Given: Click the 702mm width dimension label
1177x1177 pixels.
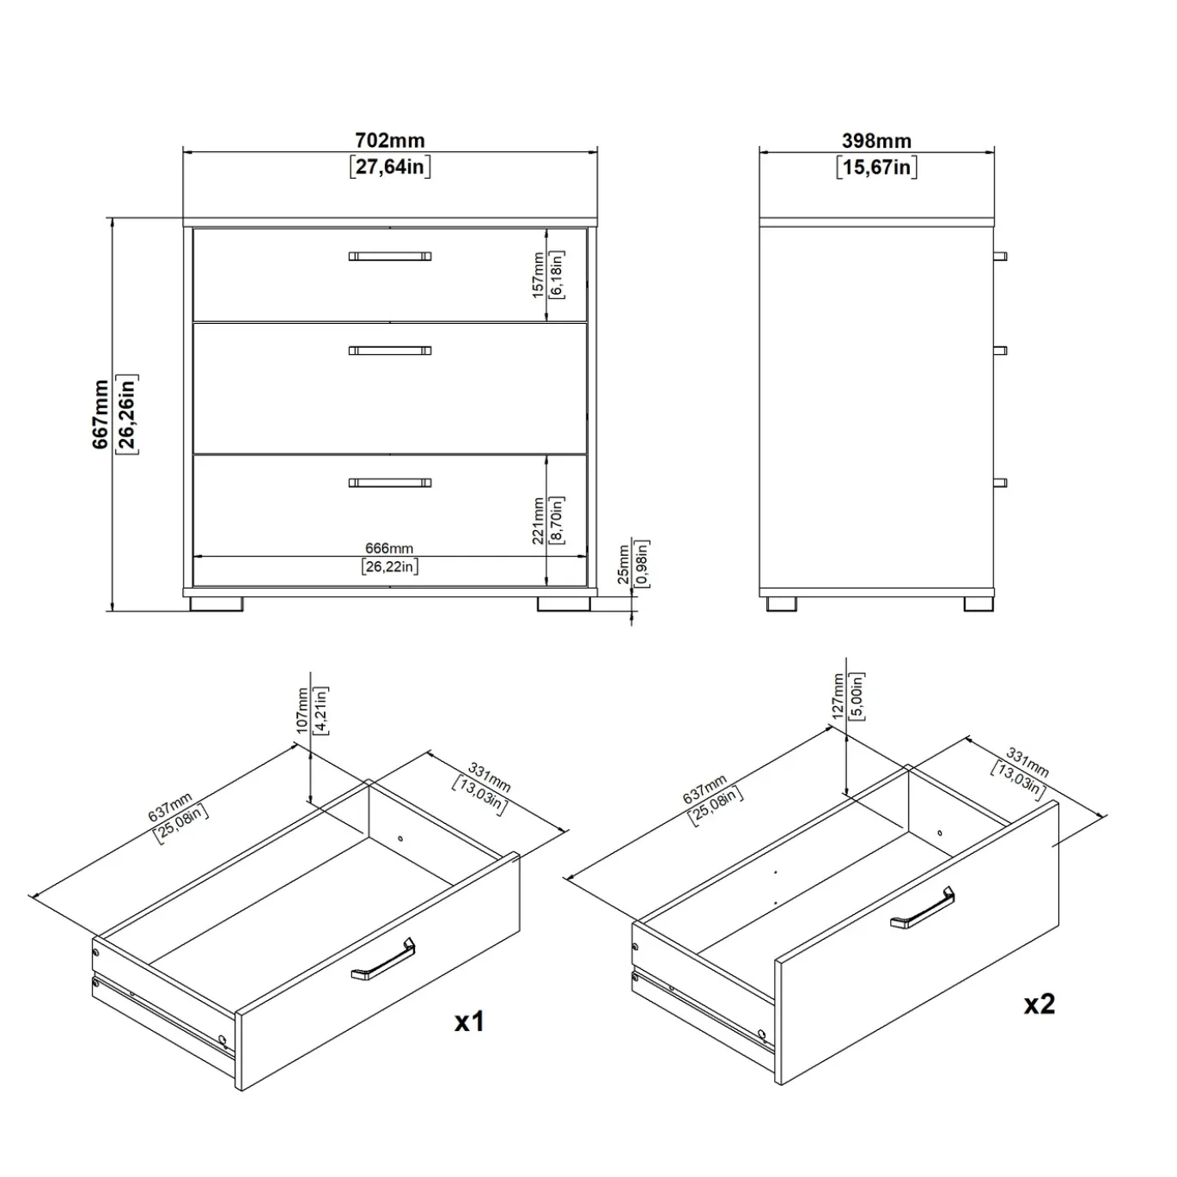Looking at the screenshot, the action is click(390, 141).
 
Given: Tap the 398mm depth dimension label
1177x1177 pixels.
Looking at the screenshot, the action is click(876, 141).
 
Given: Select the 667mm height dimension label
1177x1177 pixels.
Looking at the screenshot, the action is click(101, 414).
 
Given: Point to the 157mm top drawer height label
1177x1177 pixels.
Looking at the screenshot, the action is click(538, 275).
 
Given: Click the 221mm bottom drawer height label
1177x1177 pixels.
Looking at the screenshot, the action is click(538, 521).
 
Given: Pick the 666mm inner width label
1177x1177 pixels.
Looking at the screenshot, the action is click(389, 548).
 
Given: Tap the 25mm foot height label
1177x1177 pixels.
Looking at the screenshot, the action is click(623, 564).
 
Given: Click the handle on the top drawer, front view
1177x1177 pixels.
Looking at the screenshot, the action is click(390, 256).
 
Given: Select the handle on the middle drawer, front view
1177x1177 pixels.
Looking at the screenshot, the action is click(390, 351).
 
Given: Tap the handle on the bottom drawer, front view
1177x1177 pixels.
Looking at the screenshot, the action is click(390, 483).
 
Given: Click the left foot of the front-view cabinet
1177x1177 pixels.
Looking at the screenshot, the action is click(216, 603).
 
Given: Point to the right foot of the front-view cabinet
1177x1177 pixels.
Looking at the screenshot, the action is click(564, 603).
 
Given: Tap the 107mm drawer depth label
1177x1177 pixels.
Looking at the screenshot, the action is click(302, 710).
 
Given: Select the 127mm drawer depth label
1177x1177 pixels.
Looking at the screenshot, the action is click(838, 696).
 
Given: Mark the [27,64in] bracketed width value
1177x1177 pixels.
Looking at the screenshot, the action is click(390, 166).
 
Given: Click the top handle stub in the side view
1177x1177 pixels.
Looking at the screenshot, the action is click(1001, 256).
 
